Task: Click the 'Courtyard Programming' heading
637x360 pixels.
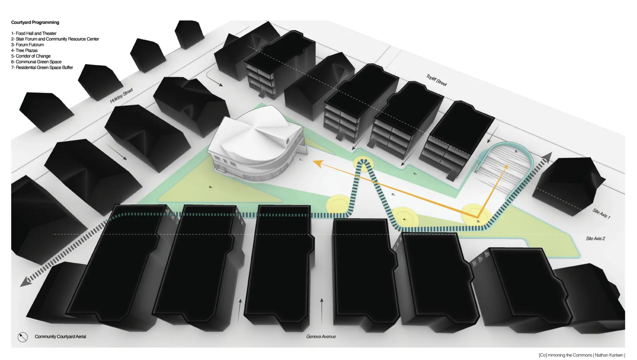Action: coord(35,22)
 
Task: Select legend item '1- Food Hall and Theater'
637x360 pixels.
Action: coord(34,33)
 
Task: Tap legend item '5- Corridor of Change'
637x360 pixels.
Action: coord(31,56)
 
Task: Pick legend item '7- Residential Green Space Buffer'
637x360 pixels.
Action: coord(42,67)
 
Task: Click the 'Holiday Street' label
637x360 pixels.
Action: coord(121,95)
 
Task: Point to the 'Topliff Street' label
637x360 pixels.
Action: coord(437,80)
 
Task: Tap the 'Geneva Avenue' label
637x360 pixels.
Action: coord(321,337)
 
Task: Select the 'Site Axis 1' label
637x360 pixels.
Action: coord(601,213)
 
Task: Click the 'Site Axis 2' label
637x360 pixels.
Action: coord(596,238)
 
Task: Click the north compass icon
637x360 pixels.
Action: coord(23,337)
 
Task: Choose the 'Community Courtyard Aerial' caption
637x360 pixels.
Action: coord(61,337)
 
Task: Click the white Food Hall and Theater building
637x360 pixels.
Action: coord(256,143)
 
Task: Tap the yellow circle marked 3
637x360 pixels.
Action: coord(476,214)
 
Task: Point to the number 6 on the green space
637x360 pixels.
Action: coord(211,187)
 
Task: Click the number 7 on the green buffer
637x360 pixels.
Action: coord(415,174)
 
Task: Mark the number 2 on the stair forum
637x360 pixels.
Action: coord(516,151)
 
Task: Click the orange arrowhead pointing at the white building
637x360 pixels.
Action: coord(317,163)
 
